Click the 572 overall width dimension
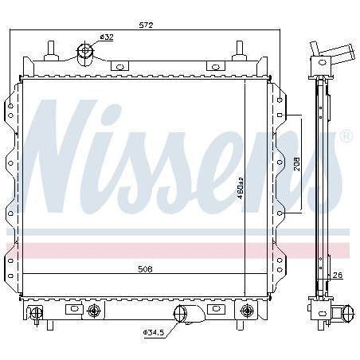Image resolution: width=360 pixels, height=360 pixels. point(147,25)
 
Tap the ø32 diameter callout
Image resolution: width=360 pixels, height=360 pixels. point(107,37)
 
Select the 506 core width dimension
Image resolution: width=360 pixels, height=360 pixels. point(145,269)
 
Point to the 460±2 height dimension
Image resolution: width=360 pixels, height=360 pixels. point(241,188)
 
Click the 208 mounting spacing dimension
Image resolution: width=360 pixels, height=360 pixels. point(296,164)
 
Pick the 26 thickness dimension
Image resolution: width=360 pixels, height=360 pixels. point(338,276)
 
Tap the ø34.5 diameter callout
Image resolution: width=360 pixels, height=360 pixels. point(154,332)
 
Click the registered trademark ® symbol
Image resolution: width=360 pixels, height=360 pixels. point(346,136)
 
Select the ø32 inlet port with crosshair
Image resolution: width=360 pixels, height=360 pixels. point(85,54)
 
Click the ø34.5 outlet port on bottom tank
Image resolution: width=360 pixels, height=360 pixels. point(181,314)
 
